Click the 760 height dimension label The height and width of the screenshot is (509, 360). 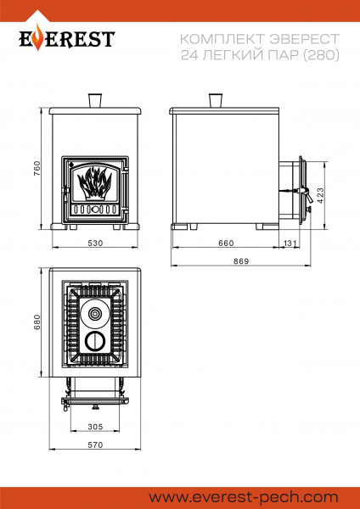[x=37, y=169]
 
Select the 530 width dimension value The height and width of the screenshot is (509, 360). [x=95, y=243]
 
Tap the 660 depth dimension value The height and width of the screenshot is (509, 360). [x=226, y=243]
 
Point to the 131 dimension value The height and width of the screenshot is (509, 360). [x=290, y=243]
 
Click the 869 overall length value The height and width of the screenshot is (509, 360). [x=241, y=261]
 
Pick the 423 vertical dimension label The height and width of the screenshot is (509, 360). [x=320, y=195]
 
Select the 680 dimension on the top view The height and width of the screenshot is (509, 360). [x=37, y=322]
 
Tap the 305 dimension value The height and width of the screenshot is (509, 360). [x=95, y=427]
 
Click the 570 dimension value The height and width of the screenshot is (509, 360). [x=95, y=445]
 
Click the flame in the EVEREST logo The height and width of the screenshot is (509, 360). [x=38, y=37]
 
